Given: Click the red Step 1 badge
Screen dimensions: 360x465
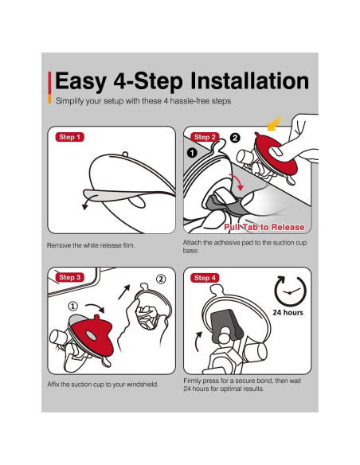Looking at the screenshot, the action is [x=69, y=137].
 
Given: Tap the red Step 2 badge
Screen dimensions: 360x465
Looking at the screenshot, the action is [x=205, y=137].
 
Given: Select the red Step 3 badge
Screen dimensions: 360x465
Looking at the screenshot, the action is [x=69, y=277].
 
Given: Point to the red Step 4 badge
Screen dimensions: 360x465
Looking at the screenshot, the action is [x=205, y=278].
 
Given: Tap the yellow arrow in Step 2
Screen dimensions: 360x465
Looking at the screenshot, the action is [x=274, y=123].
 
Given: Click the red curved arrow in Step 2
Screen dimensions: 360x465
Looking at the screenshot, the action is [x=237, y=182].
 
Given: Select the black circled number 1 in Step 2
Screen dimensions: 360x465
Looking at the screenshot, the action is [x=192, y=153].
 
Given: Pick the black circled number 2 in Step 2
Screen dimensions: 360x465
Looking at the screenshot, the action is [x=235, y=138].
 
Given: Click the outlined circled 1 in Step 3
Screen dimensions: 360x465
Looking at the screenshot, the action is [x=73, y=306].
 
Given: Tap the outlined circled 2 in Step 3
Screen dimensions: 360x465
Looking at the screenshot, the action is [x=161, y=279].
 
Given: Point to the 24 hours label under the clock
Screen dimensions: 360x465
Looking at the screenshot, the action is [x=288, y=313].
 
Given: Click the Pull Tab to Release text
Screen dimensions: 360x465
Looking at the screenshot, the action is [x=264, y=227].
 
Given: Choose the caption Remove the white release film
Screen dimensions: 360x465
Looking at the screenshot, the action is [x=91, y=245].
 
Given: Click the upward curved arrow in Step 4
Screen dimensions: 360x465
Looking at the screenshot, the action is [x=198, y=341].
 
